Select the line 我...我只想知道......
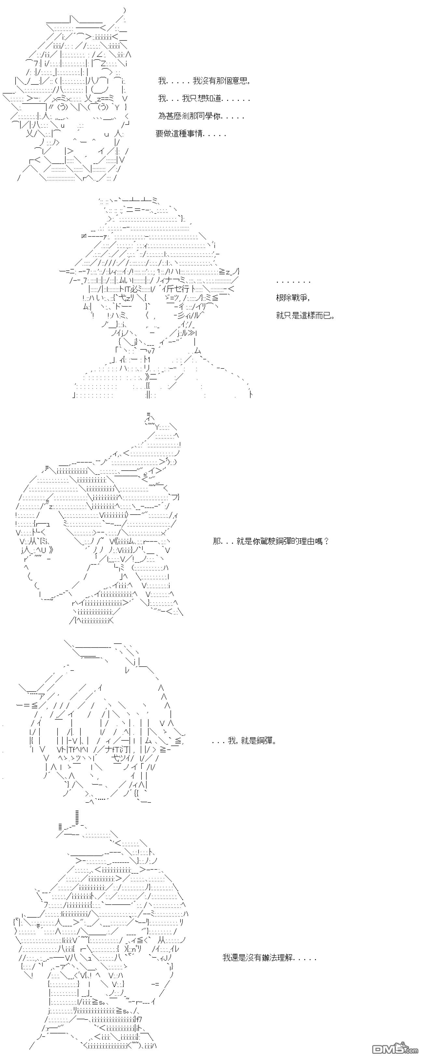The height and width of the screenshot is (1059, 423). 204,99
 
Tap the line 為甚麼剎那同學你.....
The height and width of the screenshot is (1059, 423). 201,116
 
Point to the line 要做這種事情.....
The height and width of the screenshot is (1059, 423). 191,134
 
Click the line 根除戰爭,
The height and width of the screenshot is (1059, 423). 293,298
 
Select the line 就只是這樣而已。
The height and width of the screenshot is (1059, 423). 306,316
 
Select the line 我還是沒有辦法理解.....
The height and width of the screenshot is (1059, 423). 269,958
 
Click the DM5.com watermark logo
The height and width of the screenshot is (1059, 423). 395,1048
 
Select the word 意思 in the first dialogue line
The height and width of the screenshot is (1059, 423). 239,81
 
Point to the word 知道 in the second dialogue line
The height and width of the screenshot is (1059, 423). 213,99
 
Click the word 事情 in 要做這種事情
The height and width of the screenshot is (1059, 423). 195,134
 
